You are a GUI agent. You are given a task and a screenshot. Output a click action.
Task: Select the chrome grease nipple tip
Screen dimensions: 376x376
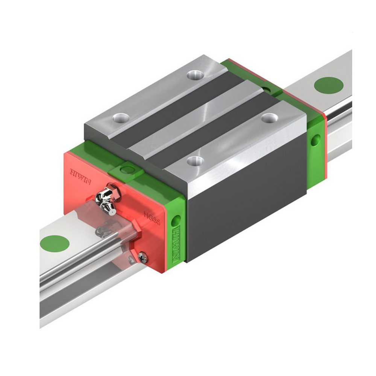[x=111, y=211]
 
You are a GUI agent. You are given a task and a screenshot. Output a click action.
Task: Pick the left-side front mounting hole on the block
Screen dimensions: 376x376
[x=121, y=118]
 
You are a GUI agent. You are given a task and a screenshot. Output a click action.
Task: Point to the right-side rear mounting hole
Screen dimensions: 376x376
[x=269, y=118]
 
